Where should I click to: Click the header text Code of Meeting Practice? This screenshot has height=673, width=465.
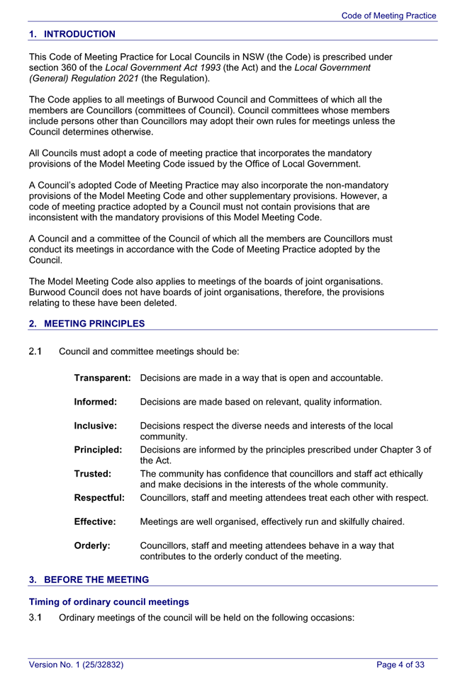pos(388,16)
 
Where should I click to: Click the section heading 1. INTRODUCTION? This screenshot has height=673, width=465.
pos(72,34)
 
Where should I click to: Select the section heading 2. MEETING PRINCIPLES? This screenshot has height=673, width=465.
pos(86,324)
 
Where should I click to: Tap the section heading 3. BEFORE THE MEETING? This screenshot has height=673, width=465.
pos(89,579)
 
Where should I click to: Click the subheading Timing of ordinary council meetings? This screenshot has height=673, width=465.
pos(108,601)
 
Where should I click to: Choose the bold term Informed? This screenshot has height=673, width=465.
pos(96,402)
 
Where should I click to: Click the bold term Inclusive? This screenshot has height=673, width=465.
pos(96,426)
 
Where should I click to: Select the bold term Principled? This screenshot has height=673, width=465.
pos(99,450)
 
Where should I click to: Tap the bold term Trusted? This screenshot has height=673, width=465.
pos(93,474)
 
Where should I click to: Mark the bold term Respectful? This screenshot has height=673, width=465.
pos(99,498)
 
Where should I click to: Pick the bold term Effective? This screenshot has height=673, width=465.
pos(95,522)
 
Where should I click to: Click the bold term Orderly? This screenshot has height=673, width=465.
pos(92,546)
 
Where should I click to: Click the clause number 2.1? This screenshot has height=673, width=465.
pos(36,351)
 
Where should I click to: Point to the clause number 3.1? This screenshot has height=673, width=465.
pos(36,618)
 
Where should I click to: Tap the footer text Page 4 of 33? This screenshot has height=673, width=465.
pos(400,664)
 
